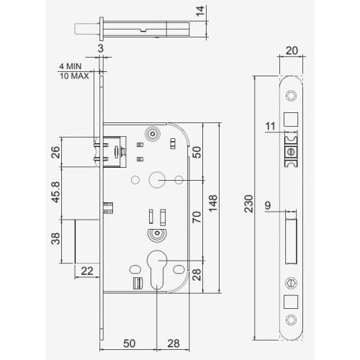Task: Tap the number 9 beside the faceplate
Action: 267,206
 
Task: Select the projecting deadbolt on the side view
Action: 87,242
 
